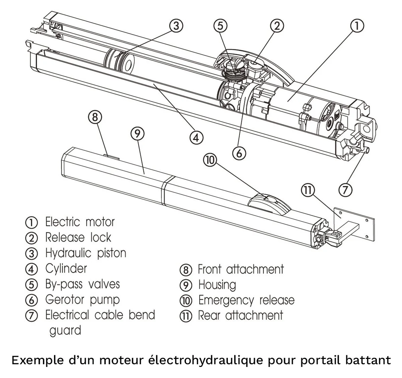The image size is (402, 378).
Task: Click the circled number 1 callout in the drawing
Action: (x=357, y=26)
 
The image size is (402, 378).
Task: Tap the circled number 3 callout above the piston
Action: (x=176, y=26)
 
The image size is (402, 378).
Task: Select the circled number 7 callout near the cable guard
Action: (x=345, y=190)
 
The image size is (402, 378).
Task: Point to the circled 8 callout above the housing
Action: (x=95, y=117)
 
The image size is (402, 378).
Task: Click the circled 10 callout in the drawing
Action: (x=210, y=160)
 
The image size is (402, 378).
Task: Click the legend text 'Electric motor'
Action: (x=80, y=222)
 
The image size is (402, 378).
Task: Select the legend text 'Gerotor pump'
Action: (x=82, y=300)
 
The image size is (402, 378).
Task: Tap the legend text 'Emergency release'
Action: (x=246, y=300)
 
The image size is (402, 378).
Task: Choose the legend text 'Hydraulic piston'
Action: (x=85, y=253)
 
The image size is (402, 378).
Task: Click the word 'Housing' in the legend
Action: (x=217, y=285)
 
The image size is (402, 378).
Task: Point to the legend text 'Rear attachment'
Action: (x=241, y=315)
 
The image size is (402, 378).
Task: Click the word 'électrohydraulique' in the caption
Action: (x=206, y=361)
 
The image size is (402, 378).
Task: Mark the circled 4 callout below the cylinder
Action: (x=196, y=137)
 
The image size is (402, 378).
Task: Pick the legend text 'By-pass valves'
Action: (x=82, y=284)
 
